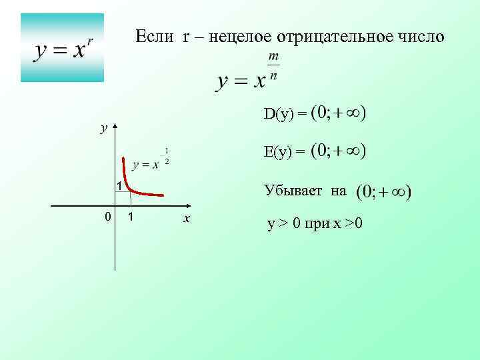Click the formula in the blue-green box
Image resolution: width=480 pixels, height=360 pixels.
coord(63,49)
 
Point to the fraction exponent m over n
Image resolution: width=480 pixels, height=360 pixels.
coord(273,67)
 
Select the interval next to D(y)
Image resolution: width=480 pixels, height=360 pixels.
coord(339,113)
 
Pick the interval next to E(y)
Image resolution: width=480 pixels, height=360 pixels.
coord(339,151)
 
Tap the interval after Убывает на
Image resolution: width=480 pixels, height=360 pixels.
coord(384,193)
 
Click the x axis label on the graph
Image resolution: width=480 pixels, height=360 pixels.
coord(187,219)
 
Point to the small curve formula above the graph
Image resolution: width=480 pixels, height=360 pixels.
coord(151,160)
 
